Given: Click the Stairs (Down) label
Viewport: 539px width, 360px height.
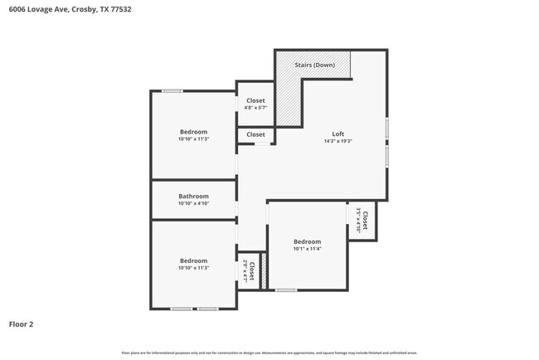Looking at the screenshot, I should [x=315, y=64].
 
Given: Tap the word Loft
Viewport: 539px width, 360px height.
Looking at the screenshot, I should [x=337, y=134].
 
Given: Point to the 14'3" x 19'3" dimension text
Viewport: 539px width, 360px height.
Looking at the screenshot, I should [x=337, y=141].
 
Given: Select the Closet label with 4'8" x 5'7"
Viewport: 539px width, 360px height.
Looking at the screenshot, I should [x=255, y=100].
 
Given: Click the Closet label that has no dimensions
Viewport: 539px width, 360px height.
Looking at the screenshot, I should [x=255, y=134].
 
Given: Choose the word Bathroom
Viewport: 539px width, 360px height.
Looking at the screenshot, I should [x=193, y=197].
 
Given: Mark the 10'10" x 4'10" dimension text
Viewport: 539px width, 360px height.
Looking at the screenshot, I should [x=193, y=204].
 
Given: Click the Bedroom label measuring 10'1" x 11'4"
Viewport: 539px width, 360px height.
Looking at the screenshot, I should [x=307, y=241].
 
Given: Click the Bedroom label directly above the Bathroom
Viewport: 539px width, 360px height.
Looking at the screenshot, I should [x=193, y=132].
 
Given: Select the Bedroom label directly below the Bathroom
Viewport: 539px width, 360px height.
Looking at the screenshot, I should [x=193, y=260].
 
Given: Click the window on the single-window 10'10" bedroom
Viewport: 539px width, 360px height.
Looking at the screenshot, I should [x=172, y=90].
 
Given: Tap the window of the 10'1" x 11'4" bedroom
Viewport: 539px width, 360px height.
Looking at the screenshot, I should [x=286, y=289].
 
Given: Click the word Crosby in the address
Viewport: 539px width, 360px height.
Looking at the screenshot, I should [x=80, y=9].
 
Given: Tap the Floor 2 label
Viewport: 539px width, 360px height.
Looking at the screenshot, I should [x=22, y=324].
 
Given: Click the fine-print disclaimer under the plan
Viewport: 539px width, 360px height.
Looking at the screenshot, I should [x=269, y=353].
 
